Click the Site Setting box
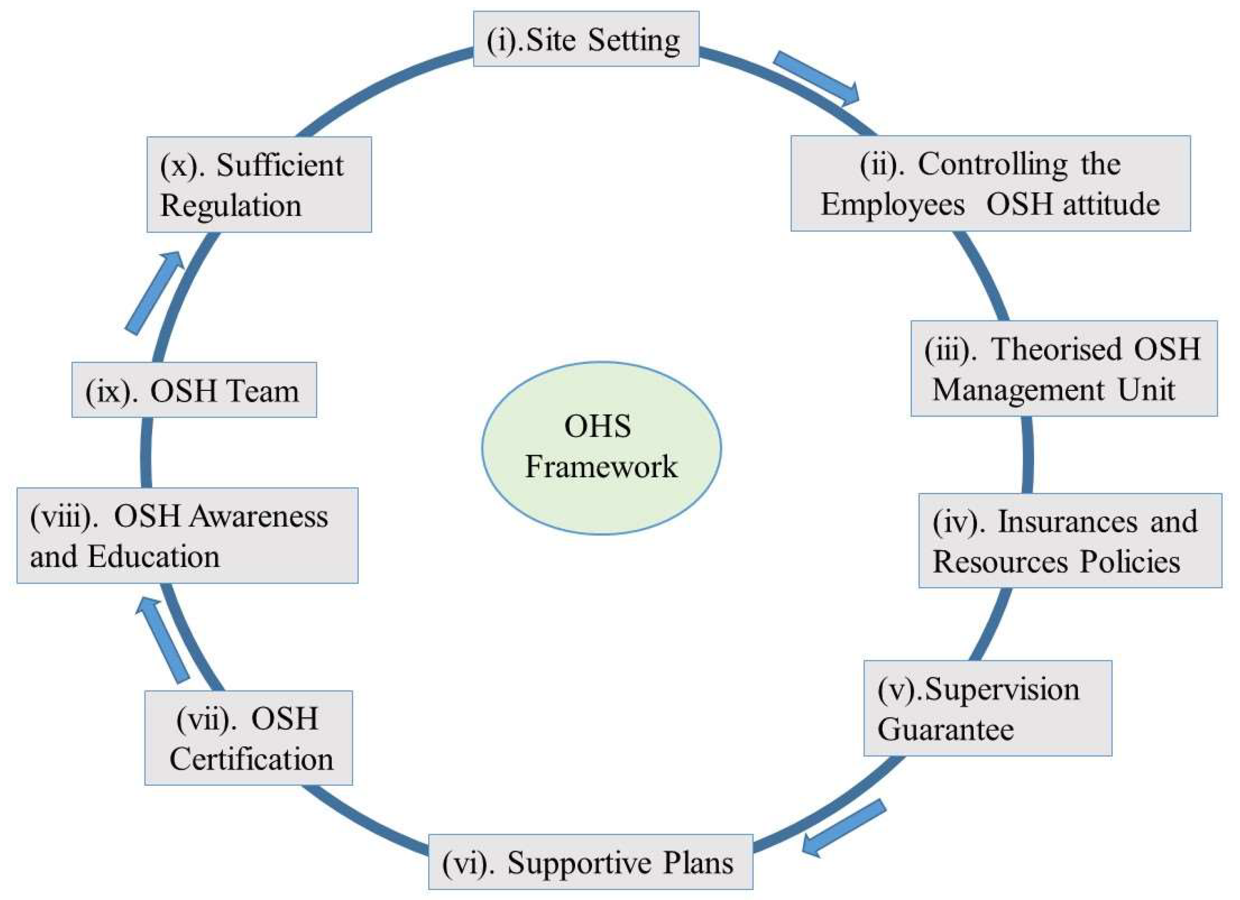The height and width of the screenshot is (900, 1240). pyautogui.click(x=586, y=39)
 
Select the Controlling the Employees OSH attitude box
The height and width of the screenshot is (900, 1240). pyautogui.click(x=990, y=183)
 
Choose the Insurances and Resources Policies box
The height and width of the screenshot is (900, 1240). pyautogui.click(x=1069, y=541)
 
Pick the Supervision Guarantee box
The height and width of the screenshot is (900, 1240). pyautogui.click(x=987, y=708)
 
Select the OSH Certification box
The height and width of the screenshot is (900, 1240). pyautogui.click(x=248, y=738)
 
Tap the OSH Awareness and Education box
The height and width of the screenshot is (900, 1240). pyautogui.click(x=187, y=536)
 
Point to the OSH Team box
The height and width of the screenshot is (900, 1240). pyautogui.click(x=194, y=390)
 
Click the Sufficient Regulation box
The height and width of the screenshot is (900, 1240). pyautogui.click(x=259, y=185)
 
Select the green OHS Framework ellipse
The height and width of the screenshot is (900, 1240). pyautogui.click(x=601, y=448)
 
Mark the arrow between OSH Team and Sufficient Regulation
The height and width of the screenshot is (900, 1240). pyautogui.click(x=155, y=292)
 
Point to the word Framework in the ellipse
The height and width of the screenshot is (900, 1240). pyautogui.click(x=601, y=467)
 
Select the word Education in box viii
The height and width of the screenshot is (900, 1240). pyautogui.click(x=154, y=557)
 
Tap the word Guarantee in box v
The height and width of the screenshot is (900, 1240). pyautogui.click(x=945, y=729)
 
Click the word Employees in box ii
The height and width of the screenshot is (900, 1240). pyautogui.click(x=892, y=205)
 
